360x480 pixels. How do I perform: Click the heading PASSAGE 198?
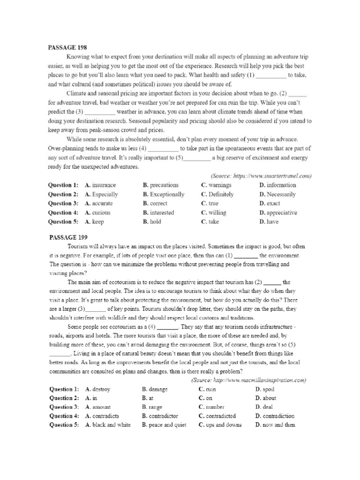pyautogui.click(x=67, y=47)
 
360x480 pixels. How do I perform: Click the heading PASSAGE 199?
pyautogui.click(x=67, y=237)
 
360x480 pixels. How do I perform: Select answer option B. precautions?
pyautogui.click(x=160, y=185)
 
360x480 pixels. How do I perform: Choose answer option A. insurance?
pyautogui.click(x=100, y=185)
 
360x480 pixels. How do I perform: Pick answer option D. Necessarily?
pyautogui.click(x=277, y=194)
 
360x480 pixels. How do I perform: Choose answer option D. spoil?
pyautogui.click(x=265, y=389)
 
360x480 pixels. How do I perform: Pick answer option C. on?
pyautogui.click(x=204, y=398)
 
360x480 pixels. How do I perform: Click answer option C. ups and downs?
pyautogui.click(x=220, y=425)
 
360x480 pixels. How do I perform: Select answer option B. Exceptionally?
pyautogui.click(x=164, y=194)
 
